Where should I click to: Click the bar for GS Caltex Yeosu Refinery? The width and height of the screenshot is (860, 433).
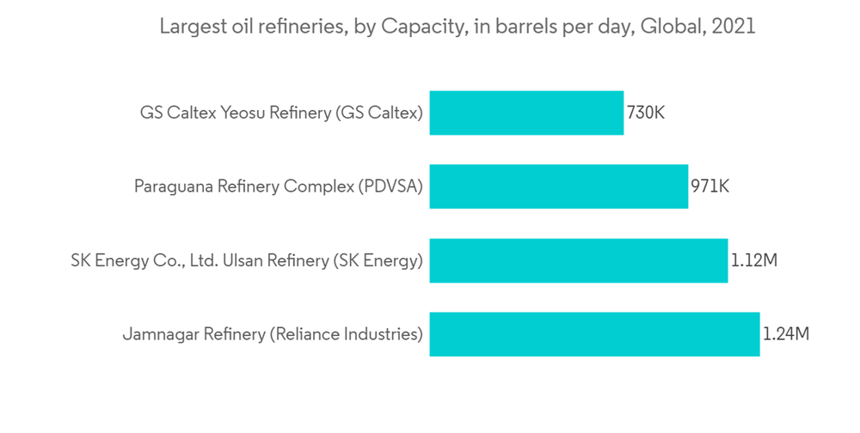click(x=526, y=113)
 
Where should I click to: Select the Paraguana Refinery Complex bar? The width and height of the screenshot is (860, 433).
click(x=559, y=186)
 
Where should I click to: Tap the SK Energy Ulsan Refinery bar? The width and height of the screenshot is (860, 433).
click(x=579, y=260)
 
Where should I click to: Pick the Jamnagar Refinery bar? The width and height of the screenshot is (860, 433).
click(x=594, y=334)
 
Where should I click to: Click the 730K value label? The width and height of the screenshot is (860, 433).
click(x=645, y=113)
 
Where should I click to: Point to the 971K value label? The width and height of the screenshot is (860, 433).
click(x=709, y=186)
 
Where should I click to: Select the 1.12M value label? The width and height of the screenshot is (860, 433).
click(x=754, y=260)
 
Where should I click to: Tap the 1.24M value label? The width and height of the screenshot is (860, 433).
click(x=786, y=334)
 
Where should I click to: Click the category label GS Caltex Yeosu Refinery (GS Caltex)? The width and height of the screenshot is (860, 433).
click(x=281, y=113)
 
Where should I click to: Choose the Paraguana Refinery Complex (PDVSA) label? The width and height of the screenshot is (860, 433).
click(x=279, y=186)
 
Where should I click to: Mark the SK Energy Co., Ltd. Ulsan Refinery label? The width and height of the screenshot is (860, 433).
click(x=247, y=260)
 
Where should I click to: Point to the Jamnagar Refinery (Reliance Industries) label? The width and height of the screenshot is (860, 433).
click(x=273, y=334)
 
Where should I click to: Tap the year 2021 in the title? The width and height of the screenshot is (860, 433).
click(x=734, y=27)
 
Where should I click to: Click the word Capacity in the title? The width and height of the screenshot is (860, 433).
click(x=421, y=27)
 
